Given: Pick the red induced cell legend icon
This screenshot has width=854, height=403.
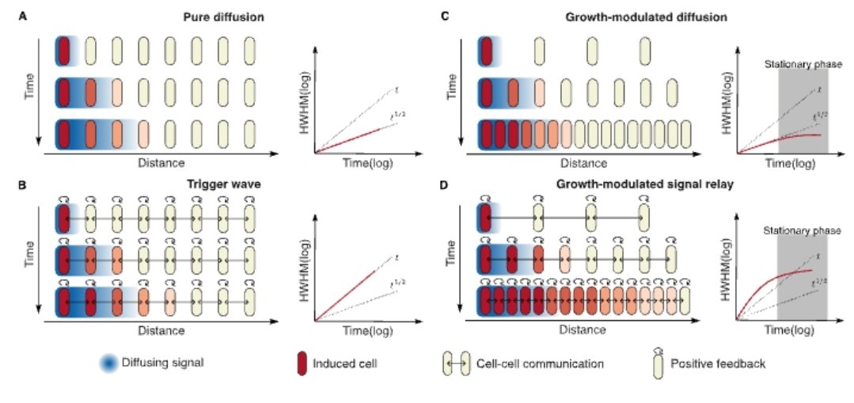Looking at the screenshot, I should (300, 363).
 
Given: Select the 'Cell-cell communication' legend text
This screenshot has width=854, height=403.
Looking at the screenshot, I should (541, 364).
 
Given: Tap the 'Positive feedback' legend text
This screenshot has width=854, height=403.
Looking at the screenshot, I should (717, 364).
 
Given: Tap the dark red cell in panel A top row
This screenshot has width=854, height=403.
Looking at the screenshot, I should (63, 51).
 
